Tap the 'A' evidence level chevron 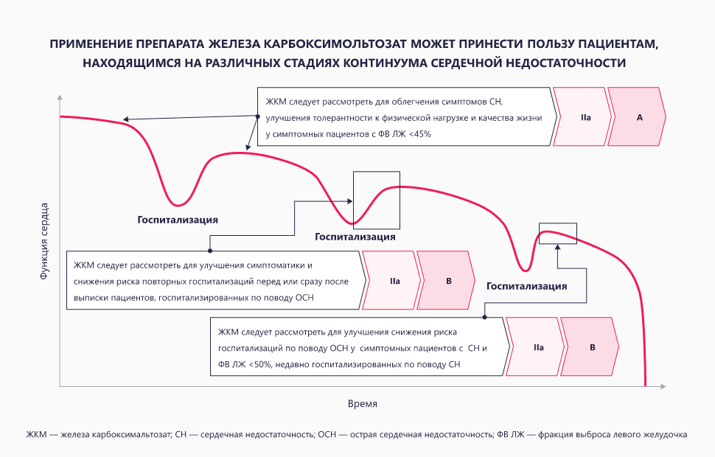[x=640, y=117]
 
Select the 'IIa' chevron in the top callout [x=585, y=117]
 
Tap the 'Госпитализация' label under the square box [x=355, y=237]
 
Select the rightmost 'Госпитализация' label [x=526, y=286]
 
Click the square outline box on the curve [x=376, y=198]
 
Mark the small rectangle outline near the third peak [x=558, y=233]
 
